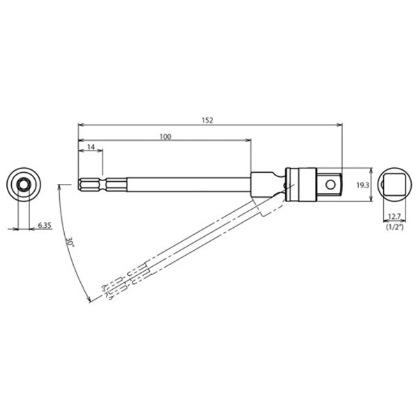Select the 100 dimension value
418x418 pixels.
pyautogui.click(x=164, y=137)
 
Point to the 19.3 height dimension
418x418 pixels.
pyautogui.click(x=362, y=185)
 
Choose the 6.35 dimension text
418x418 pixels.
pyautogui.click(x=45, y=225)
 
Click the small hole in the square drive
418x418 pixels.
pyautogui.click(x=334, y=185)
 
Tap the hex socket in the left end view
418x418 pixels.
pyautogui.click(x=23, y=185)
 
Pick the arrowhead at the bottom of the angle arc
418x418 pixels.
pyautogui.click(x=90, y=300)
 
